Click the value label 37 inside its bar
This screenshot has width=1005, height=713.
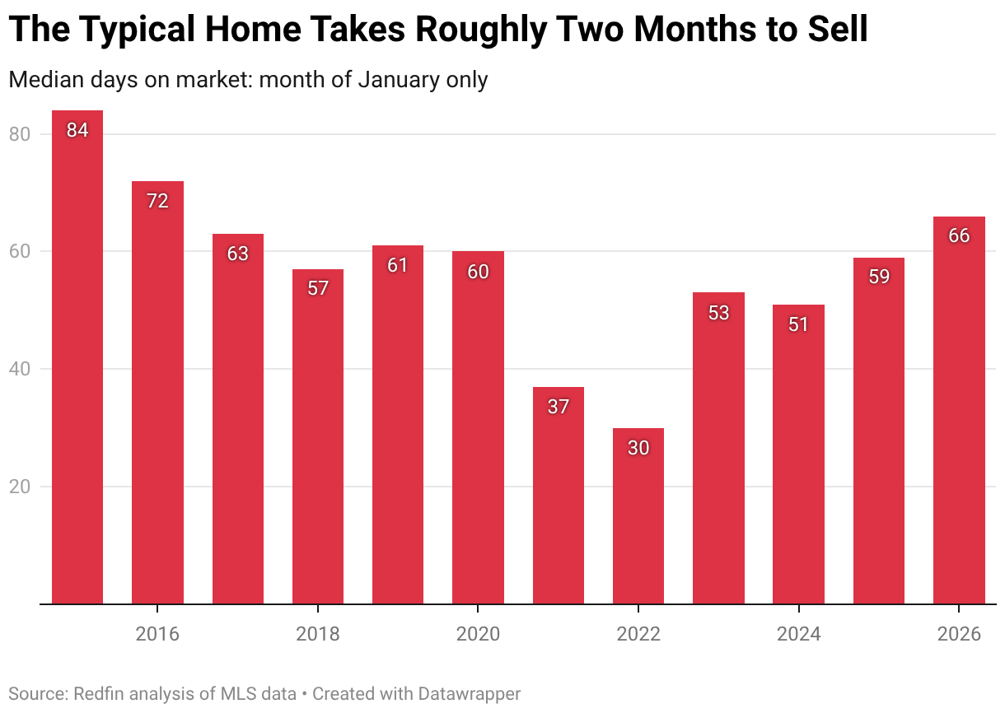(559, 406)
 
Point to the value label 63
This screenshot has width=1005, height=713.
(237, 254)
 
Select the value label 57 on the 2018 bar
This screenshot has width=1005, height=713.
(318, 288)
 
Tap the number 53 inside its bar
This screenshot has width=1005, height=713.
(718, 313)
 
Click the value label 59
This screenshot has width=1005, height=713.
(879, 277)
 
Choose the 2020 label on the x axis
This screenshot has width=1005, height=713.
(478, 634)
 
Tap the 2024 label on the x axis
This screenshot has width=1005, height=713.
(798, 634)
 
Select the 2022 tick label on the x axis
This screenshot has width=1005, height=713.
(638, 634)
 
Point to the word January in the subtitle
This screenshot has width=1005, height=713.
(397, 80)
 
